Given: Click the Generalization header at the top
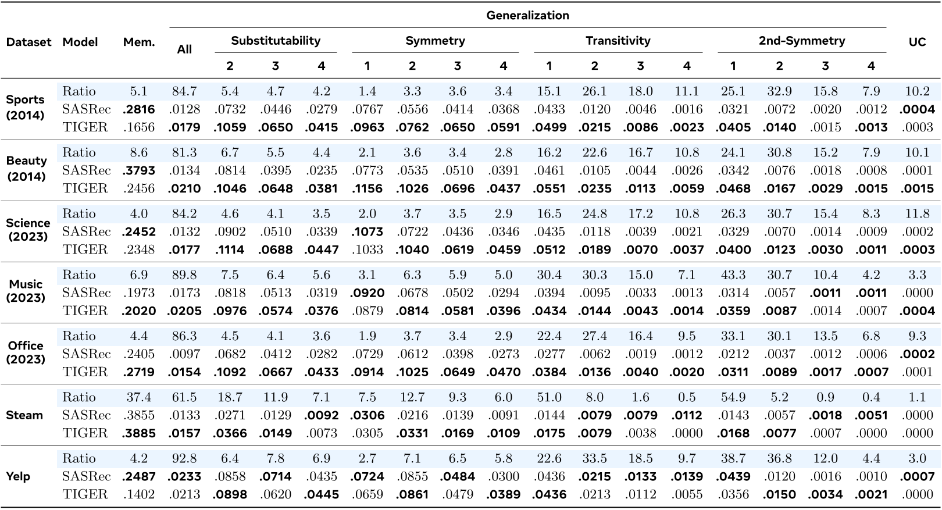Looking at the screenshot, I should click(527, 16).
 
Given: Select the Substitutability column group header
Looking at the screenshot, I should click(276, 41).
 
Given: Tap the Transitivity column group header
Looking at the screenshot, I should click(618, 41).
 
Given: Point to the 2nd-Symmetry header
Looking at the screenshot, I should click(801, 41).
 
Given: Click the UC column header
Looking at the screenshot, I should click(917, 42).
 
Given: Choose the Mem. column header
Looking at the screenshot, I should click(139, 42).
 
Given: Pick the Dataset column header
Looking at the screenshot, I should click(28, 42).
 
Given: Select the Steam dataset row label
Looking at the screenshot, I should click(24, 415).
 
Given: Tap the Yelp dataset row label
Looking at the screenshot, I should click(18, 476).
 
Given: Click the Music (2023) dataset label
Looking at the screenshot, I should click(26, 291).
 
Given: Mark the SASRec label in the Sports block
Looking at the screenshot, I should click(86, 109).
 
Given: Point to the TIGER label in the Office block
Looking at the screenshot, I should click(85, 372).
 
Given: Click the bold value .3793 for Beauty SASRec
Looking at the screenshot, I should click(139, 170).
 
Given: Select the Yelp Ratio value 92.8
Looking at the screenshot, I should click(184, 458).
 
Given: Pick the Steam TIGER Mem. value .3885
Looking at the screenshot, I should click(139, 433).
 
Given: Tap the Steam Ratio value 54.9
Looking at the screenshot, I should click(733, 397).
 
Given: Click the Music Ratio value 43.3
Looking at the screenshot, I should click(733, 274).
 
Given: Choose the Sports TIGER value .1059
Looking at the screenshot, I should click(230, 127).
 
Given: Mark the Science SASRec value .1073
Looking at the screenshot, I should click(367, 231).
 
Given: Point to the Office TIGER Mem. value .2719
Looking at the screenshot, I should click(139, 372).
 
